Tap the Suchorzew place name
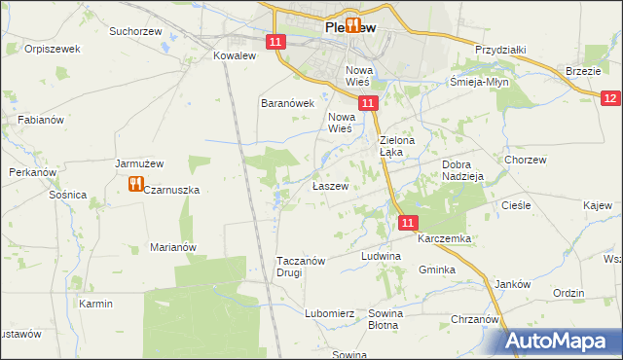[136, 31]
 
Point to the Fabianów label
[40, 120]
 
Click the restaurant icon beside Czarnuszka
[135, 185]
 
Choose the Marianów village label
[173, 247]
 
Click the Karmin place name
[96, 304]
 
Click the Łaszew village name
[330, 186]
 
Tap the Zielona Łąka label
[396, 146]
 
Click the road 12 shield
[610, 97]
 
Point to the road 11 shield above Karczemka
[408, 224]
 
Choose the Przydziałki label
[500, 50]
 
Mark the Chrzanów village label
[475, 319]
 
